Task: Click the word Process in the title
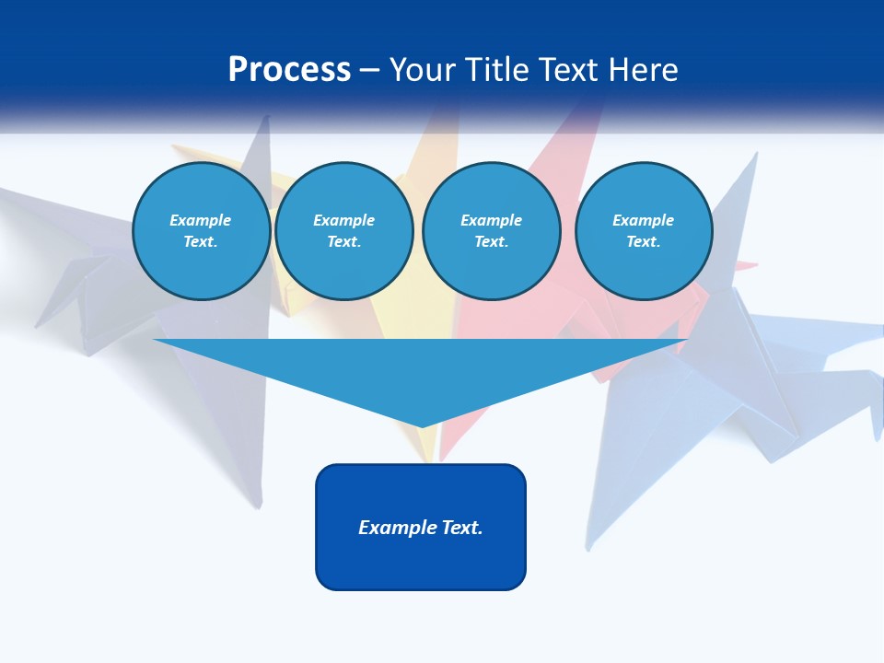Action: point(289,70)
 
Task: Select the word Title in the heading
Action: point(524,70)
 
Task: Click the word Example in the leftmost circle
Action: point(201,220)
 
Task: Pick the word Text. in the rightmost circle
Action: point(643,241)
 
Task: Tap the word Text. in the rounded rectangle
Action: point(462,528)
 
